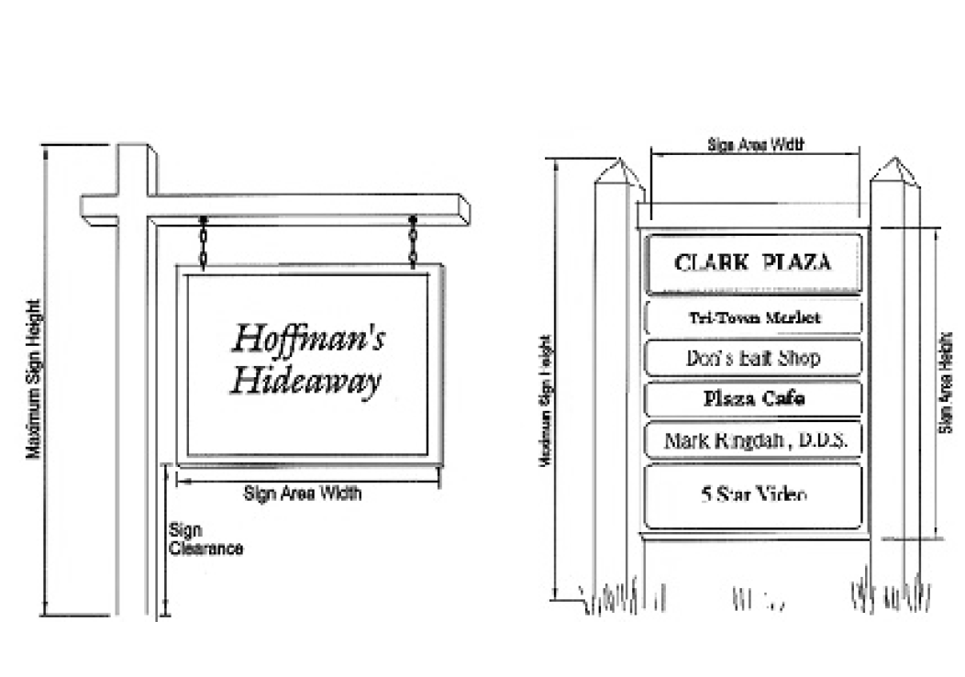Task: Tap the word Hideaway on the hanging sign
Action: [x=305, y=379]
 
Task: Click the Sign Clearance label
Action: [x=205, y=539]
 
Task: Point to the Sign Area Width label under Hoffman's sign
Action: [x=303, y=494]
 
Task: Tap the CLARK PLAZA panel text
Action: [x=752, y=262]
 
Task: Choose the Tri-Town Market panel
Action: [x=754, y=317]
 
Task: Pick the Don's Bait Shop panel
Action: [x=753, y=358]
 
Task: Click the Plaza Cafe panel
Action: [x=754, y=398]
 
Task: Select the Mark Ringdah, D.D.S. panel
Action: [x=754, y=441]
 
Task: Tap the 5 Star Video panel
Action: [x=754, y=495]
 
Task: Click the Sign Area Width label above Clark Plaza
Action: [x=756, y=144]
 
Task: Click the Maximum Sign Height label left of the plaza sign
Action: [x=544, y=404]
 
